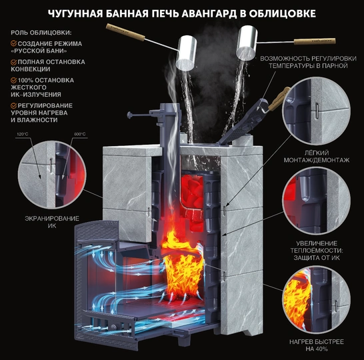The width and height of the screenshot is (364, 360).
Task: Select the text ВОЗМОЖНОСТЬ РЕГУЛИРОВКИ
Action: pos(300,58)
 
